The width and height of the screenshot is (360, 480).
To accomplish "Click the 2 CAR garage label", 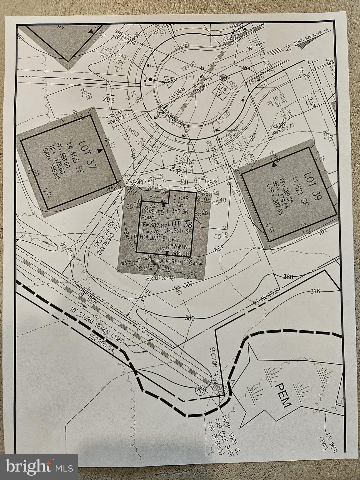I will click(x=181, y=197).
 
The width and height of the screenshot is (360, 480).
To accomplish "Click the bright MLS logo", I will click(x=39, y=467).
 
